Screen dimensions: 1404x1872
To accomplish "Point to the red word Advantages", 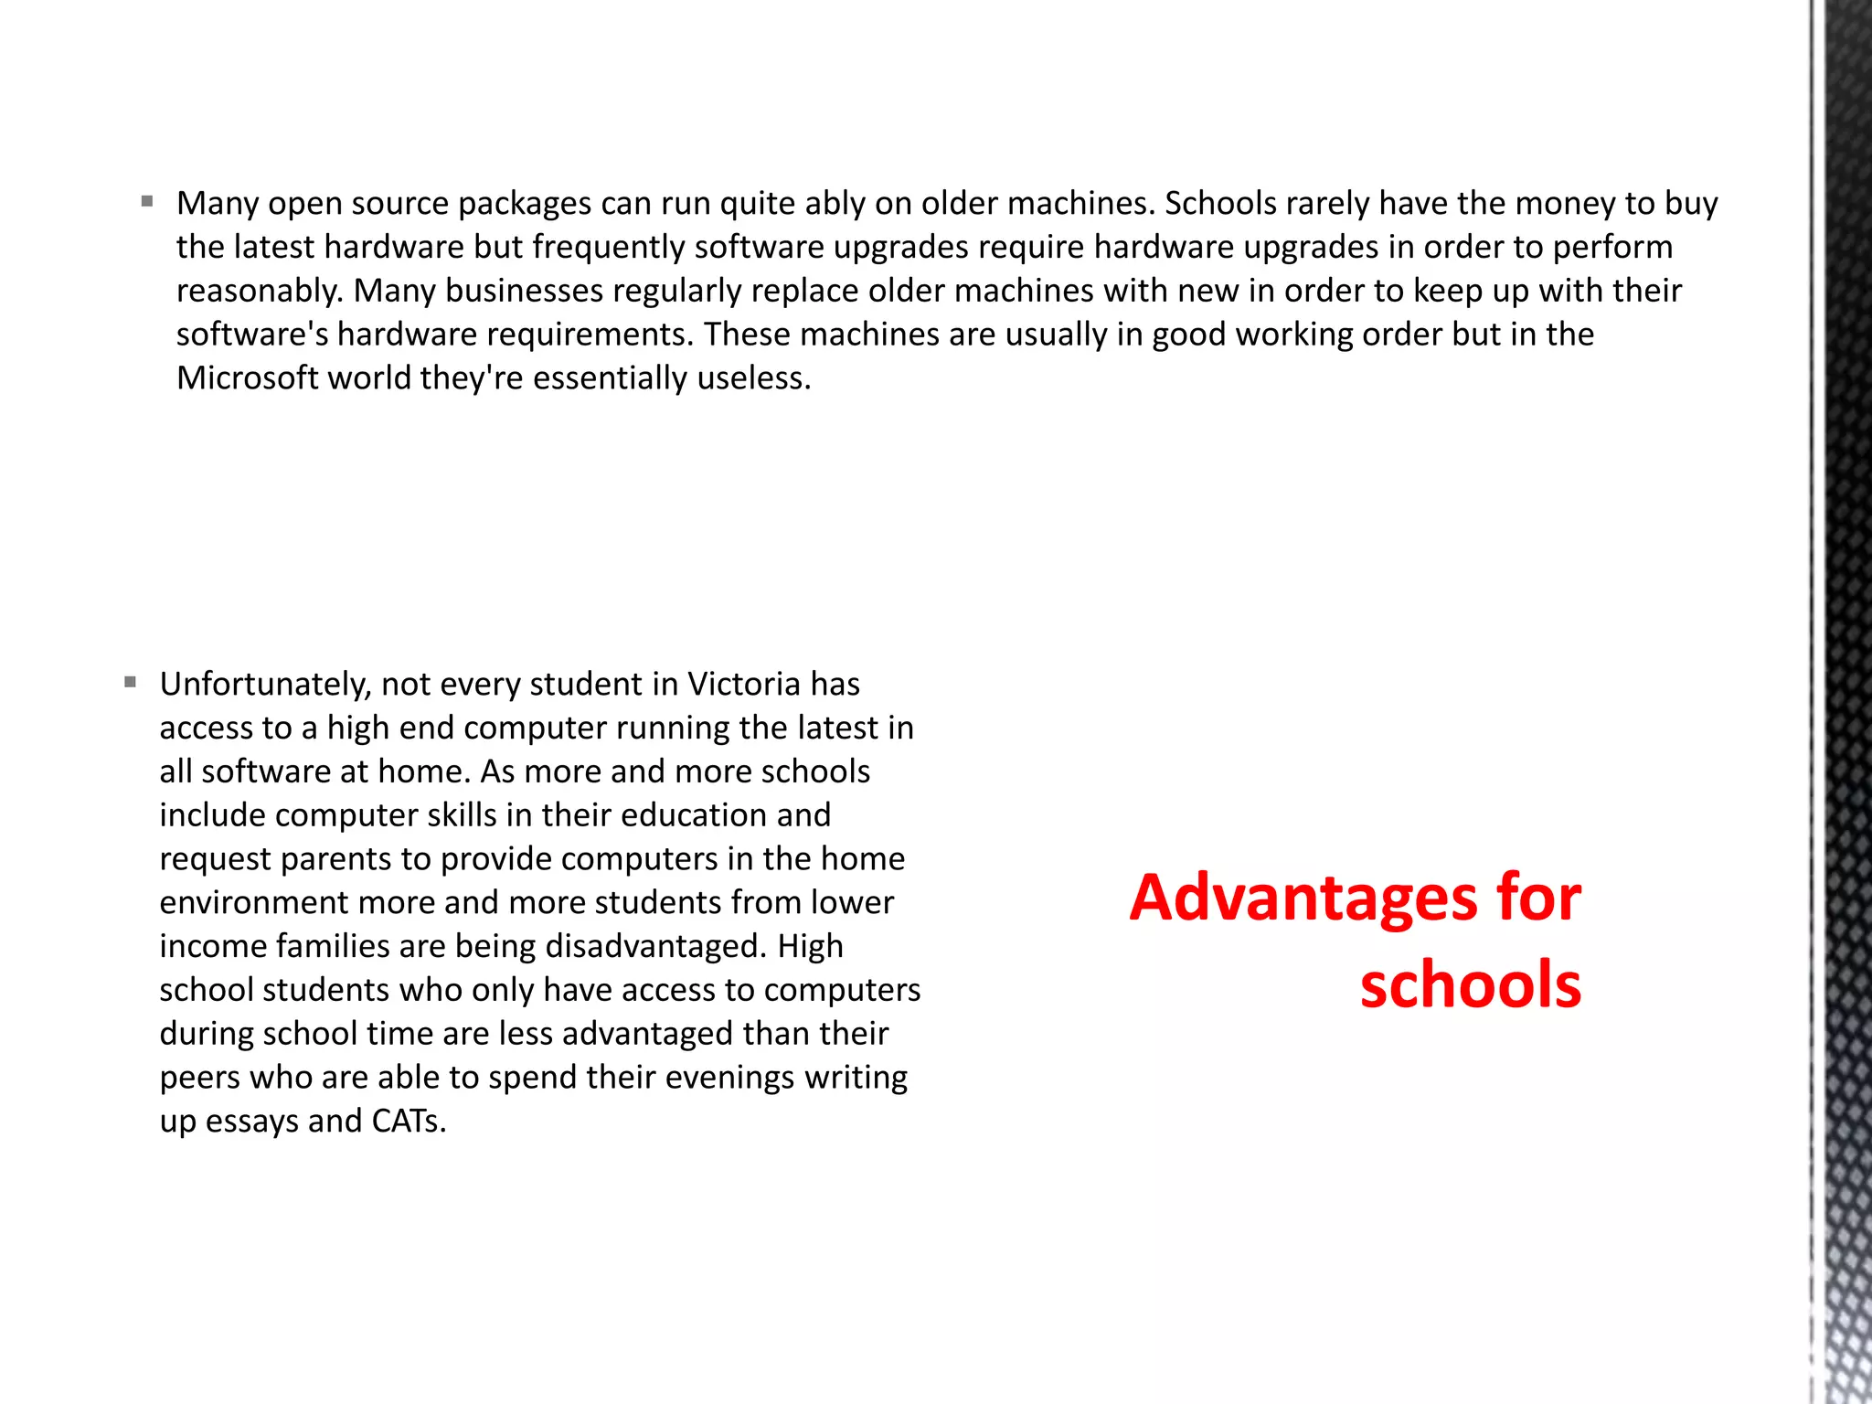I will coord(1302,898).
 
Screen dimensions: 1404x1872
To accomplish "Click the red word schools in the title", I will coord(1470,984).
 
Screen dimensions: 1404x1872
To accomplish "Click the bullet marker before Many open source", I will coord(147,201).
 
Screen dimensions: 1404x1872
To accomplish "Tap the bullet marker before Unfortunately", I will coord(131,682).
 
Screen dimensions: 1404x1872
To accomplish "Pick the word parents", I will coord(341,859).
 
